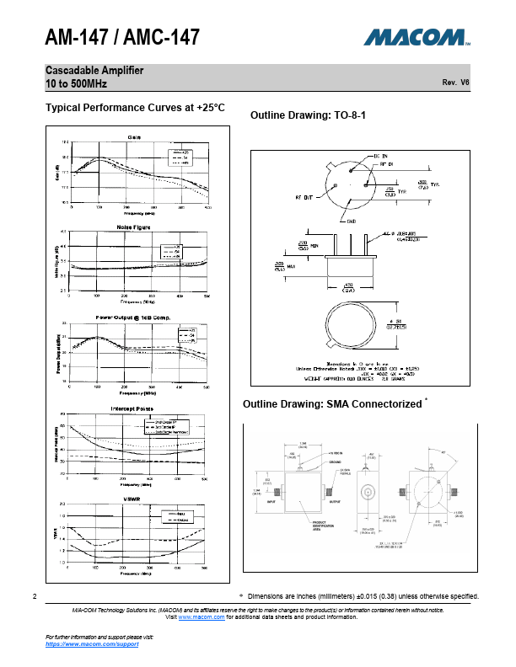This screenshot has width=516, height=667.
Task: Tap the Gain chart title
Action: tap(134, 137)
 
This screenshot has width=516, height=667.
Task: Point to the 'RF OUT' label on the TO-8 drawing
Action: tap(305, 197)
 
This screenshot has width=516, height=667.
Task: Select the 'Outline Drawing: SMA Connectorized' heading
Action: tap(331, 404)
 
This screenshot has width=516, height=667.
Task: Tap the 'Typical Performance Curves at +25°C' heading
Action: tap(136, 108)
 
